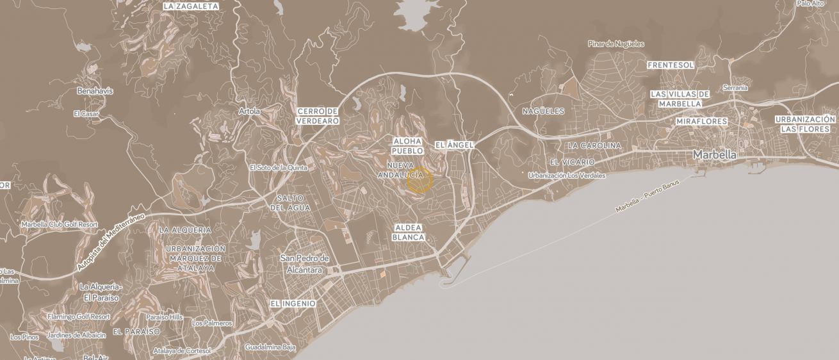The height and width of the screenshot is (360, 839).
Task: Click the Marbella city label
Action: [715, 155]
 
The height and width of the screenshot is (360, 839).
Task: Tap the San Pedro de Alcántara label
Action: [305, 264]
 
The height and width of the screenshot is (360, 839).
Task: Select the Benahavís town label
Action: [95, 91]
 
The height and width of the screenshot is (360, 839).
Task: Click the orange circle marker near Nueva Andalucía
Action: [419, 181]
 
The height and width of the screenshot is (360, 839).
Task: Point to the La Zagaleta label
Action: [191, 6]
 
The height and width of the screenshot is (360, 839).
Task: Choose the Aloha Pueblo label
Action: [407, 146]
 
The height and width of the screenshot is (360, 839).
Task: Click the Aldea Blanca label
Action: [409, 233]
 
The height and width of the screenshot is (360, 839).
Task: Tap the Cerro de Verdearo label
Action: [318, 116]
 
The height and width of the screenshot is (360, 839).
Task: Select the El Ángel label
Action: [454, 145]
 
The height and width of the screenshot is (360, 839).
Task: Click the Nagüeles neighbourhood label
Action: [543, 111]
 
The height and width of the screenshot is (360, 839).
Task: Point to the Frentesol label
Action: [671, 65]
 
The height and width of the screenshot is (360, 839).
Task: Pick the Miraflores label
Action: [702, 122]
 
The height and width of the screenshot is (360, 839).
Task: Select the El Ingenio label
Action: [293, 304]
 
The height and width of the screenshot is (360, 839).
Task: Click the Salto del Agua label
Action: [290, 203]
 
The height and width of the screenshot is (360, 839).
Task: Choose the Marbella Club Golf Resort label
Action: [60, 225]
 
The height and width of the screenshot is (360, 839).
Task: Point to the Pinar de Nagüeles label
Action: [616, 44]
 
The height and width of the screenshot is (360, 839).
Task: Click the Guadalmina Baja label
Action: [270, 347]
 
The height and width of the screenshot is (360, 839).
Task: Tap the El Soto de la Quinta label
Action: [279, 168]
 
